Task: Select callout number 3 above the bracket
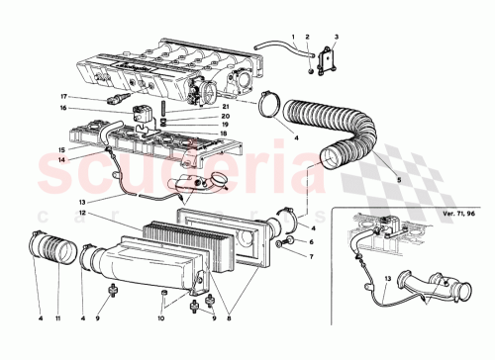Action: (x=337, y=37)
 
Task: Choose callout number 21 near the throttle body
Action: (x=227, y=107)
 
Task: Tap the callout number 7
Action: (x=310, y=257)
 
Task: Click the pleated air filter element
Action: (x=178, y=247)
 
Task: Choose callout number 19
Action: (x=227, y=125)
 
